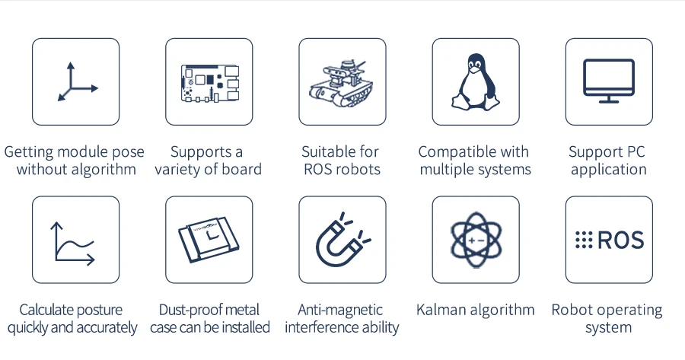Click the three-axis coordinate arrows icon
[x=76, y=82]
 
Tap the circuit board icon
[x=209, y=82]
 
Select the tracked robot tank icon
[x=342, y=81]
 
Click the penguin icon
[x=475, y=81]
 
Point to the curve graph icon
[x=75, y=241]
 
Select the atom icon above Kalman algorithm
[x=475, y=240]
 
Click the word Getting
[x=28, y=151]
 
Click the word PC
[x=634, y=151]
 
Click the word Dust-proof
[x=186, y=310]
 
